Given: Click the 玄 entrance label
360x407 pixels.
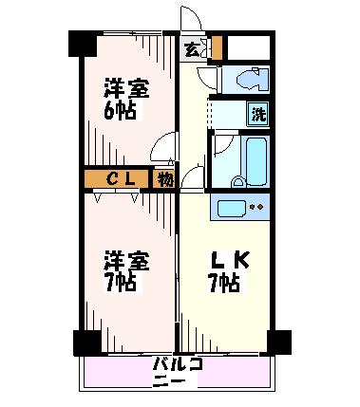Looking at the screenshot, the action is pos(192,50).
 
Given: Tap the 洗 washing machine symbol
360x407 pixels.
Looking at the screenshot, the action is pos(258,114).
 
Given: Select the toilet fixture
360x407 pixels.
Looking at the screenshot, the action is pos(252,80).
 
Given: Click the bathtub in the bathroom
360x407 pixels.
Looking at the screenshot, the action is pos(256,161).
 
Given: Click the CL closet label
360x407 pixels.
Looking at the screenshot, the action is pos(121,179).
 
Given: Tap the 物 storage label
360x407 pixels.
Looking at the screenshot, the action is pos(164,179).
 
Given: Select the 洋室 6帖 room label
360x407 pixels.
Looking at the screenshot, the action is pos(126,100).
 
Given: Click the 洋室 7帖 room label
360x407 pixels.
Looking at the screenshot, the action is pos(126,271).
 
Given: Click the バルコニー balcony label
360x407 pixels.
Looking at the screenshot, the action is pos(177,372).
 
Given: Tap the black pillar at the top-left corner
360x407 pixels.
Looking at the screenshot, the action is pos(83,44).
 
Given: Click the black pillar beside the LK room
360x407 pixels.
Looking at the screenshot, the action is pos(279,342).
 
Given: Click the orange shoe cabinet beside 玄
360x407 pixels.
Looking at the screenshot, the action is pos(217,47).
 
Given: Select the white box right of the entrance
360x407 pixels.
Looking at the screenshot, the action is pos(249,47).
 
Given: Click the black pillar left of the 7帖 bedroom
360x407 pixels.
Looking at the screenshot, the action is pos(87,343).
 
